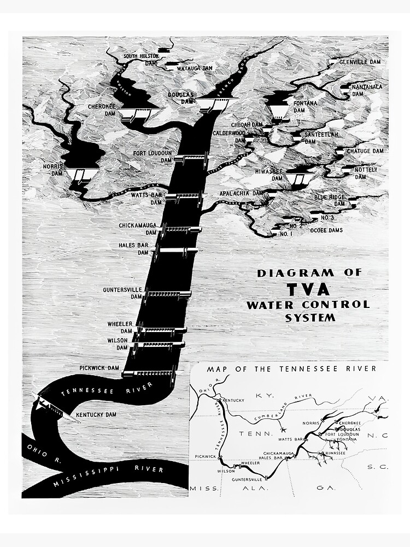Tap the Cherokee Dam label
click(101, 111)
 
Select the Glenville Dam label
click(359, 62)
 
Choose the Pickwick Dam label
click(99, 368)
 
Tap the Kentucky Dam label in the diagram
click(96, 415)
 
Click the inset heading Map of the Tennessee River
click(291, 369)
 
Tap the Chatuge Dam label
click(365, 151)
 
